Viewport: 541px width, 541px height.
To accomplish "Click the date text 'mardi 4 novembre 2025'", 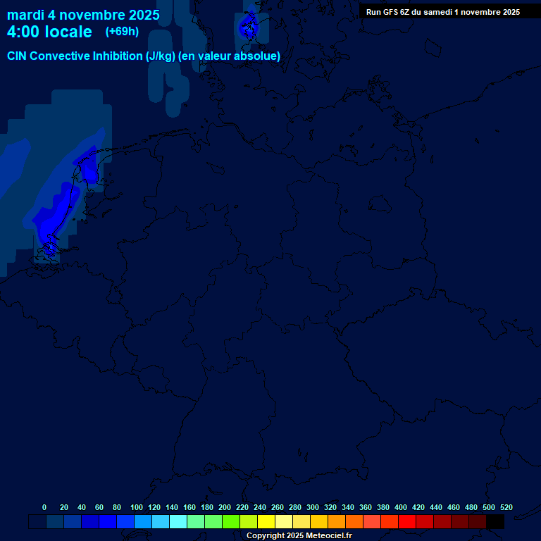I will pos(83,15).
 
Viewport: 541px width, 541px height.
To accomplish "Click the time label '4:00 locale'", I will pos(49,32).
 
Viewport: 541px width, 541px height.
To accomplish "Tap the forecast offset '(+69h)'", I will pos(122,32).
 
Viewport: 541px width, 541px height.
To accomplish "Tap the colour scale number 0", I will pos(44,507).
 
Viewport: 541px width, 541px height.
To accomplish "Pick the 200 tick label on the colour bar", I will pos(225,507).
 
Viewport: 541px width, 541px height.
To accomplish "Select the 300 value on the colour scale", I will pos(313,507).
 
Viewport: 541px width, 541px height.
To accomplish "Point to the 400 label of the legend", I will pos(401,507).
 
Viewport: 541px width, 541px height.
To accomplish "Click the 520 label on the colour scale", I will pos(506,507).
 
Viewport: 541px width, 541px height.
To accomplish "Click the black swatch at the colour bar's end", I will pos(495,522).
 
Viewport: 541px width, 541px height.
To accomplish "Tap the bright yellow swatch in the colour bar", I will pos(266,522).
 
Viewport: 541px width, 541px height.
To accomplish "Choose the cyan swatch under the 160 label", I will pos(178,522).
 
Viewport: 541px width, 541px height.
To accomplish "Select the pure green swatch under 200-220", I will pos(231,522).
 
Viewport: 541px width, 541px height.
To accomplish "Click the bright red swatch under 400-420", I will pos(407,522).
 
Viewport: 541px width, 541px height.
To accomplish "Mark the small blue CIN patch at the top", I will pos(248,27).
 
